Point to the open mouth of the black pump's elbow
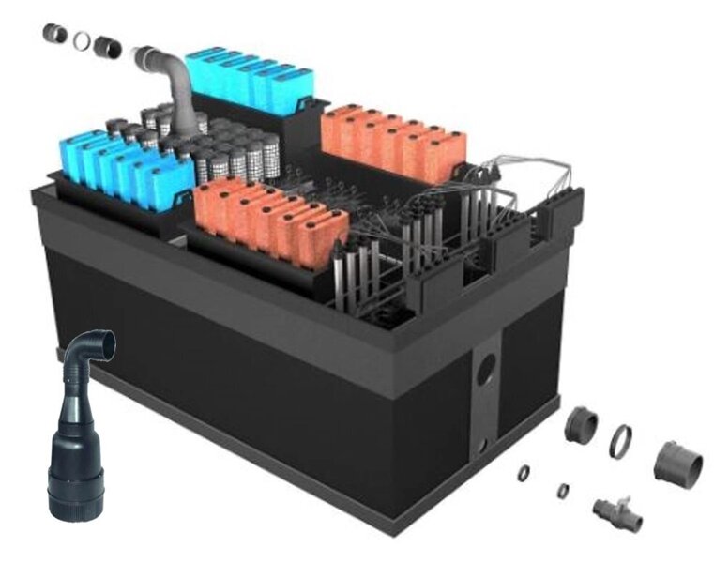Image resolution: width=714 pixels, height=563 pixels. [x=99, y=345]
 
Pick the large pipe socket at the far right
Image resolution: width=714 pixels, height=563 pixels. [x=677, y=461]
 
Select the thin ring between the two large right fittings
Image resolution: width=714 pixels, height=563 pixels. [x=620, y=441]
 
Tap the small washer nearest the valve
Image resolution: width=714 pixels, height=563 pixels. [x=562, y=490]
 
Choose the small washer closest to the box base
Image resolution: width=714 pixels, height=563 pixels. [x=524, y=473]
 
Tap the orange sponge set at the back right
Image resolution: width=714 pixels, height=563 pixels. [x=394, y=139]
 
